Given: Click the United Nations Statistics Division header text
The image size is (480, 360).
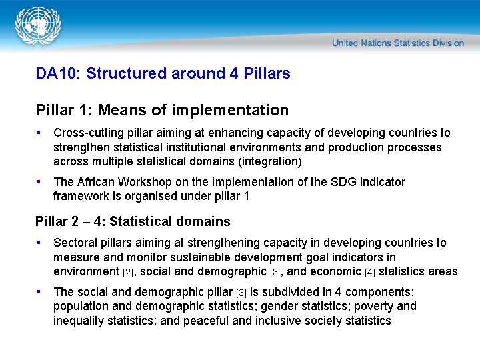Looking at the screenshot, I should tap(397, 43).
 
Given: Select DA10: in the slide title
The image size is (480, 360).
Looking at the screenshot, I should tap(58, 74).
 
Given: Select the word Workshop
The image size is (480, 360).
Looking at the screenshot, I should tap(147, 182).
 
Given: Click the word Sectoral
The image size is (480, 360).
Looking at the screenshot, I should tap(76, 243).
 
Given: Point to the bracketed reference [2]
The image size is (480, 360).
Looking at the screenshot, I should tap(129, 272).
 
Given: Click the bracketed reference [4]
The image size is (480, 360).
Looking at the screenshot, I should tap(370, 272).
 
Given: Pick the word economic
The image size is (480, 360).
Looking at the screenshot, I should tap(335, 271).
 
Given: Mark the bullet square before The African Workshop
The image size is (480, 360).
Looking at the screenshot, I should tap(40, 182).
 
